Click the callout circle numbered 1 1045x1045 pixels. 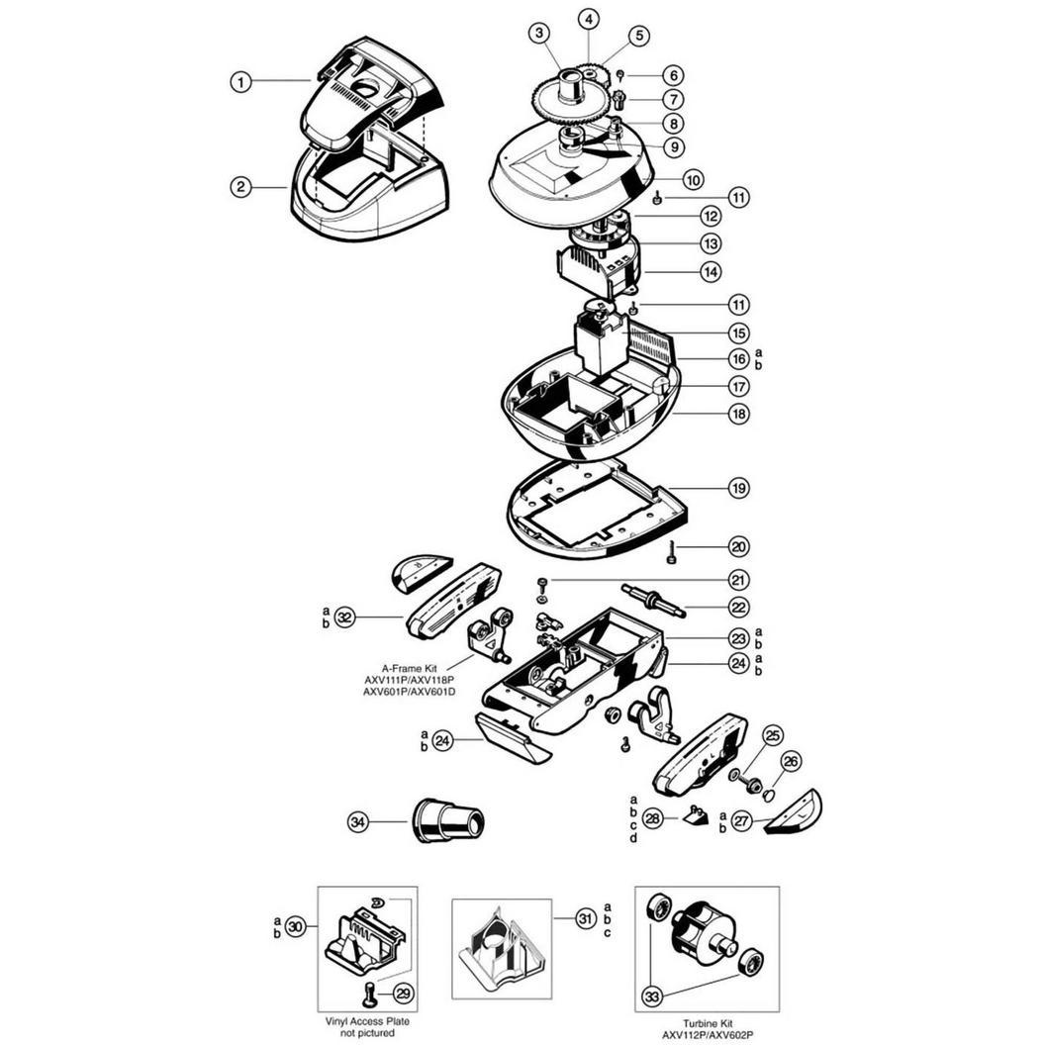(x=240, y=82)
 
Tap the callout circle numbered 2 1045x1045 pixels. (x=240, y=187)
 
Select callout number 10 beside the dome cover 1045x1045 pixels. (x=693, y=179)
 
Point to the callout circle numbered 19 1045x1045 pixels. (x=738, y=488)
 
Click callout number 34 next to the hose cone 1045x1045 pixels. (x=358, y=821)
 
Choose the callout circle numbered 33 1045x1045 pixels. (x=653, y=997)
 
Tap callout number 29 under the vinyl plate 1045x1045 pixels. (x=403, y=994)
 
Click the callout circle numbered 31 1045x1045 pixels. (x=585, y=919)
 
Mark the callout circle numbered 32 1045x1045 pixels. (x=344, y=617)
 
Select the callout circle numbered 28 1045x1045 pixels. (x=652, y=817)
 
